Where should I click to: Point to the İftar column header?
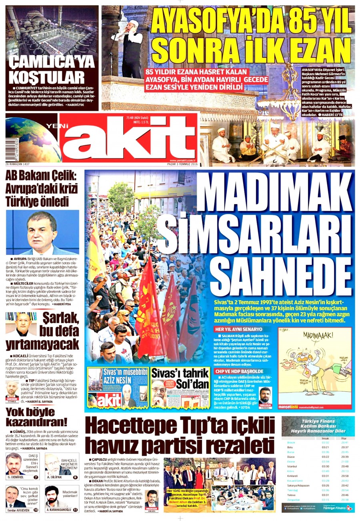coord(343,438)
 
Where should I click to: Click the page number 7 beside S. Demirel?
coord(36,477)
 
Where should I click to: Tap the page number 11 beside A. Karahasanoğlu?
coord(75,510)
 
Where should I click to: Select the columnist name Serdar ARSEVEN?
coord(19,510)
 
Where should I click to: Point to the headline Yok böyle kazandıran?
coord(36,417)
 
